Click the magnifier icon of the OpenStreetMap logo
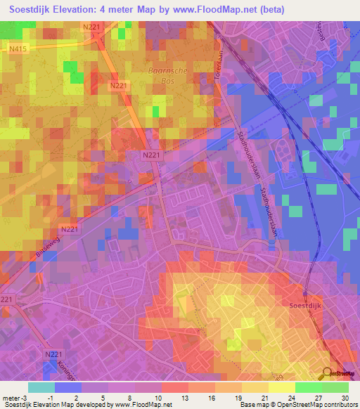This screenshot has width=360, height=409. point(328,373)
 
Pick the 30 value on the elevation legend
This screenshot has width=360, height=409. point(345,397)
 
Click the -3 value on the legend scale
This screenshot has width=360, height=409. point(27,397)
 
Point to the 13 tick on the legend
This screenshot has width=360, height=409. point(184,397)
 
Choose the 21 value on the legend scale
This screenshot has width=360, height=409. point(264,397)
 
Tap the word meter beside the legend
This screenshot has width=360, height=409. point(11,397)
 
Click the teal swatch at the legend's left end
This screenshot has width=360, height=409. point(41,387)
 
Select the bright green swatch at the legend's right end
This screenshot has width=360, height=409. point(335,387)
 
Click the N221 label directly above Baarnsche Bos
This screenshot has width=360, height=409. point(91,27)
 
